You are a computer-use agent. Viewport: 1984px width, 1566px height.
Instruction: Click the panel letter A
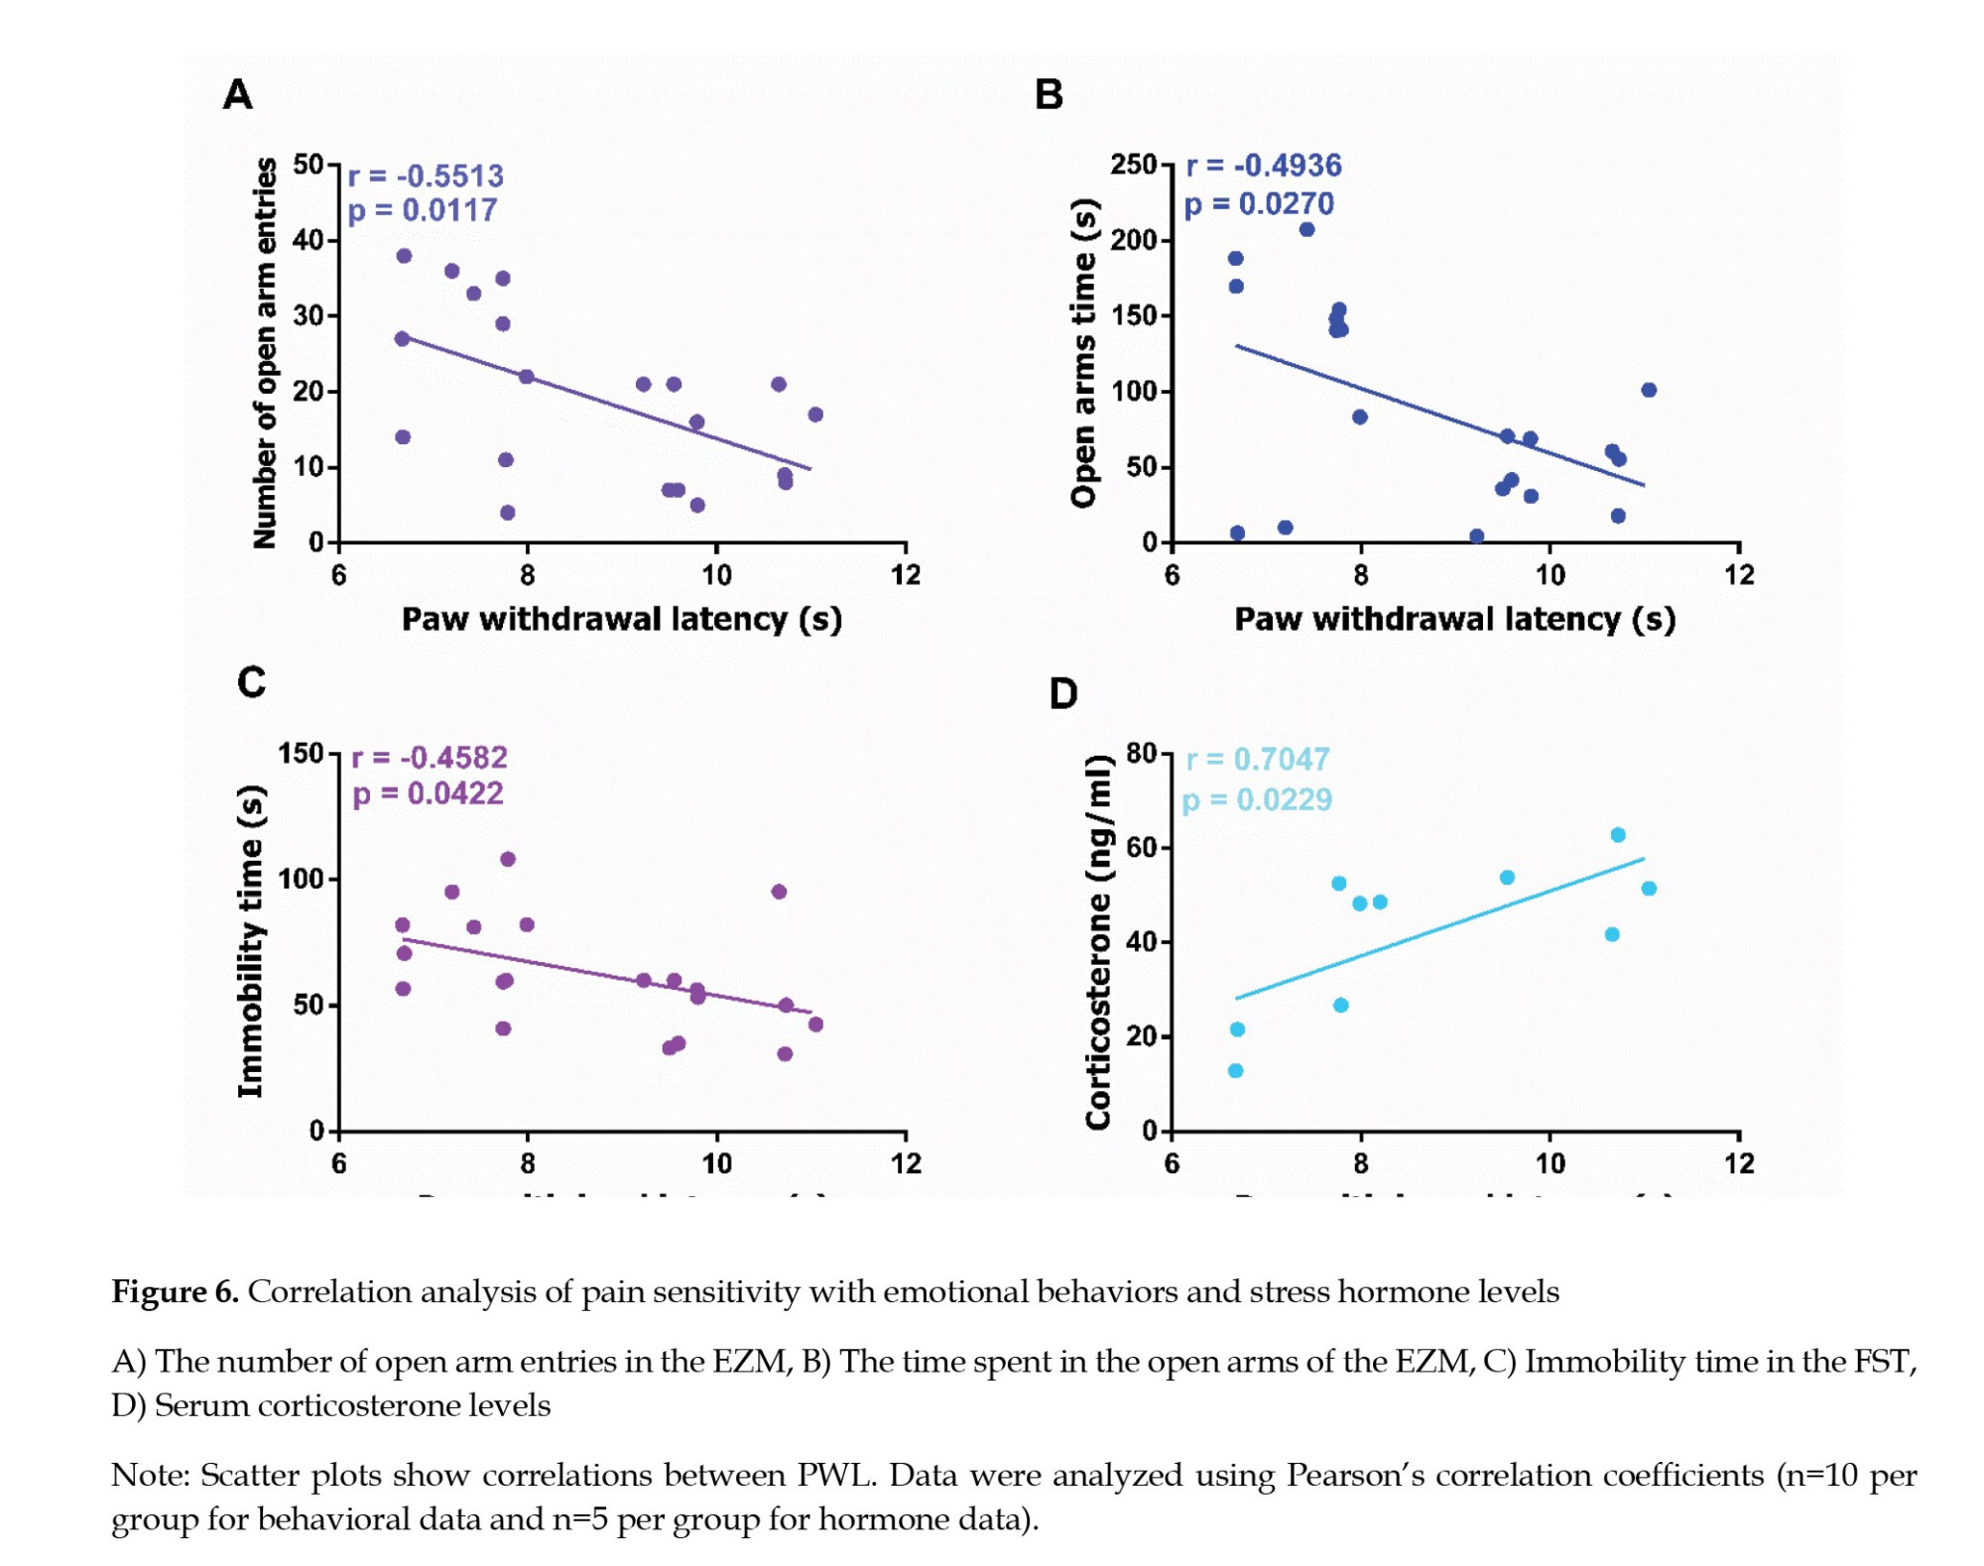pos(238,95)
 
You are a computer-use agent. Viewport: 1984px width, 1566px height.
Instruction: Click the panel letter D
pos(1062,693)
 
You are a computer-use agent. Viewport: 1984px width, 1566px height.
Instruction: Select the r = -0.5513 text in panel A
pos(426,176)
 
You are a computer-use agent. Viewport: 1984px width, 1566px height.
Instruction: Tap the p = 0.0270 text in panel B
pos(1259,203)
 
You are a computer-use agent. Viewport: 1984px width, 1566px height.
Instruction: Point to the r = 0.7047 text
pos(1257,759)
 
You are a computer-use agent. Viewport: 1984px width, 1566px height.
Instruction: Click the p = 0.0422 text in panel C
pos(428,793)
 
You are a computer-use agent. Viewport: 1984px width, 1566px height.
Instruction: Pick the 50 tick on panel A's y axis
pos(310,165)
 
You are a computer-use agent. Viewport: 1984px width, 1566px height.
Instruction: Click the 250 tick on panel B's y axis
pos(1135,165)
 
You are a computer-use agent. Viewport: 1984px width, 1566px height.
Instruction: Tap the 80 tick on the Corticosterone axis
pos(1143,753)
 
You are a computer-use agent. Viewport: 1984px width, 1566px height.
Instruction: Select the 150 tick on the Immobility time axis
pos(302,753)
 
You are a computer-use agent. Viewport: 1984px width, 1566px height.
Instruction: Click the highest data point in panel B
pos(1306,229)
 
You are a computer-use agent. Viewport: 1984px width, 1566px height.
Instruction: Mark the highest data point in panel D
pos(1618,835)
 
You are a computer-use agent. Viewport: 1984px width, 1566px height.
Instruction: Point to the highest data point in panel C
pos(508,859)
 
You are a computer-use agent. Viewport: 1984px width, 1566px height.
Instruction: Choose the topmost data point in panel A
pos(404,256)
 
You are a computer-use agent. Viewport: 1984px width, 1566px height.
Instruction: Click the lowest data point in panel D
pos(1235,1070)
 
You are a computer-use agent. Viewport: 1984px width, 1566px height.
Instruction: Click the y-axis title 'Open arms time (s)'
pos(1084,353)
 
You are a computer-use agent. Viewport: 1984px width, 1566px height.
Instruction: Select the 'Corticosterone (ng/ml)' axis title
pos(1097,941)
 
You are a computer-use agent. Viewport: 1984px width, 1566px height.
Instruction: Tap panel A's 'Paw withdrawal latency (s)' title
pos(622,619)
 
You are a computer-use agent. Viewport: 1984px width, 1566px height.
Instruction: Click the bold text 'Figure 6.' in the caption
pos(175,1291)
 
